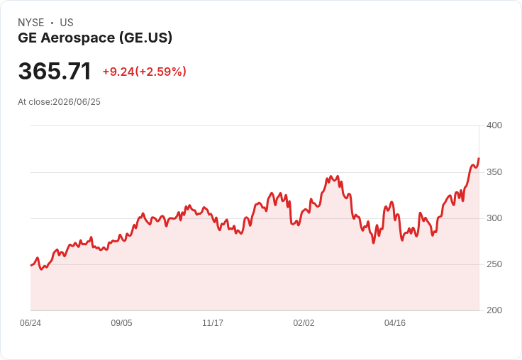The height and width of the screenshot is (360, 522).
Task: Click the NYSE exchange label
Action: pos(31,23)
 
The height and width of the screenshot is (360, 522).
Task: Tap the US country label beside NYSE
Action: pos(67,23)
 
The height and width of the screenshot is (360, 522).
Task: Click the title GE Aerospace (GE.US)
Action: pos(95,38)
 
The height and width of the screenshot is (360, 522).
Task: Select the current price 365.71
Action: pos(55,71)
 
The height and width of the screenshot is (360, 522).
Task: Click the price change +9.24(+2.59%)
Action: pos(144,72)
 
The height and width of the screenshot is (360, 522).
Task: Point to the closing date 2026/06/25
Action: pos(77,102)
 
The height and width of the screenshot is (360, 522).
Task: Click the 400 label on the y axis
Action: pos(494,125)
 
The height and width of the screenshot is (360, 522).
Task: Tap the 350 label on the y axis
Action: pos(494,172)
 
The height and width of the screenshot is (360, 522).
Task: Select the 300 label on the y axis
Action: pos(494,218)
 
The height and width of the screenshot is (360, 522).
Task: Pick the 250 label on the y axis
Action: pos(494,264)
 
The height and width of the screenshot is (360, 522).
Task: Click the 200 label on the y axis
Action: pos(494,310)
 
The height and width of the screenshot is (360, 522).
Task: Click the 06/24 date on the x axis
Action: pos(30,323)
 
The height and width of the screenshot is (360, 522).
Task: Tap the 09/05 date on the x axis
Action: pos(121,323)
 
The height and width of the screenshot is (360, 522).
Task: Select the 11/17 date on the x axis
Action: pos(213,323)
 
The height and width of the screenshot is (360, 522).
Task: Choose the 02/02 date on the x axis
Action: pos(304,323)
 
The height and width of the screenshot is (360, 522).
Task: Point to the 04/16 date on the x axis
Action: pos(395,323)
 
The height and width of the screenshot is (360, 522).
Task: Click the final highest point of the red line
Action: pos(479,158)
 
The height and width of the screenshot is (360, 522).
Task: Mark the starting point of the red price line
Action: pos(31,266)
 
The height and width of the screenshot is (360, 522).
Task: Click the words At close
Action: pos(35,102)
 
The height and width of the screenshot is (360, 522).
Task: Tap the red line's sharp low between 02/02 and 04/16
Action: pos(373,243)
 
